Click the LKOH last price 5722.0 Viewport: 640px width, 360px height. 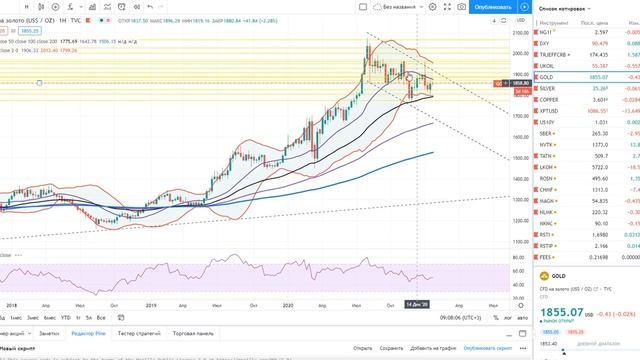click(599, 166)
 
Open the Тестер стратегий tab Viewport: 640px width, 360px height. click(140, 332)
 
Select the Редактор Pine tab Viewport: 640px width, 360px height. click(91, 332)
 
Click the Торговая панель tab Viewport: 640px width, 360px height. click(195, 332)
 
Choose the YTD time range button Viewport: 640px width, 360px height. click(66, 317)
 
